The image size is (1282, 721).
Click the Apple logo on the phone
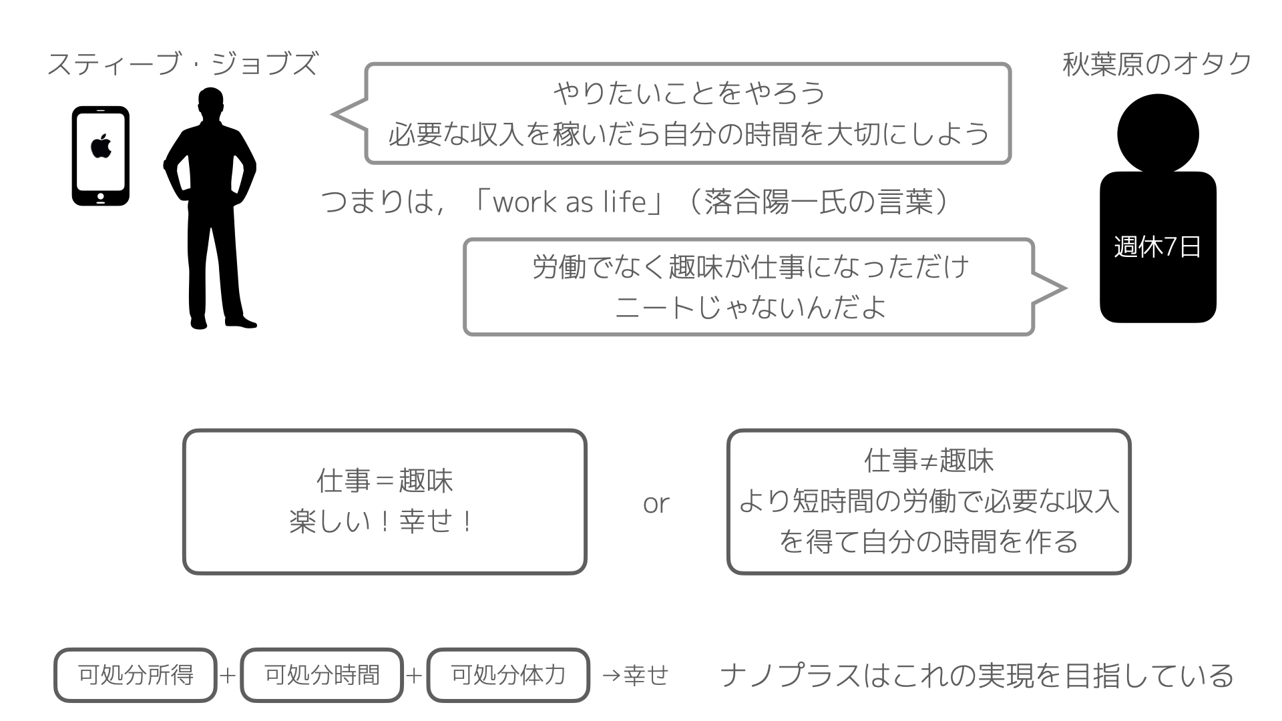[101, 146]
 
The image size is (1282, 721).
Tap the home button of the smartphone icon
[101, 197]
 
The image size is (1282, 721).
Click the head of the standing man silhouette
[210, 104]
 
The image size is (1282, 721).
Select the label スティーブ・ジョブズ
[182, 65]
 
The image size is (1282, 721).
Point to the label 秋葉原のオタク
[1157, 65]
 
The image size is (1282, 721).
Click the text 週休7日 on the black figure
[1157, 247]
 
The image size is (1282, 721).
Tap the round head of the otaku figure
[1158, 134]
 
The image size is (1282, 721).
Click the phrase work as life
[570, 202]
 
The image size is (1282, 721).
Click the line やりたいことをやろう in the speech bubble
[689, 93]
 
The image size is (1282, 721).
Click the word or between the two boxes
[656, 503]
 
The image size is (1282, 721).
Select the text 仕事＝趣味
[385, 481]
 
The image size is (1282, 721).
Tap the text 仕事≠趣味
[929, 461]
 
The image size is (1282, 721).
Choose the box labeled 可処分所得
[136, 675]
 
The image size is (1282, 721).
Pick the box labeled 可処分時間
[322, 675]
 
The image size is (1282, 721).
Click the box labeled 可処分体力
[508, 675]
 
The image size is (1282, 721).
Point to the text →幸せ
[635, 675]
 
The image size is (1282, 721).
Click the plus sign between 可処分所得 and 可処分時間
[228, 676]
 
